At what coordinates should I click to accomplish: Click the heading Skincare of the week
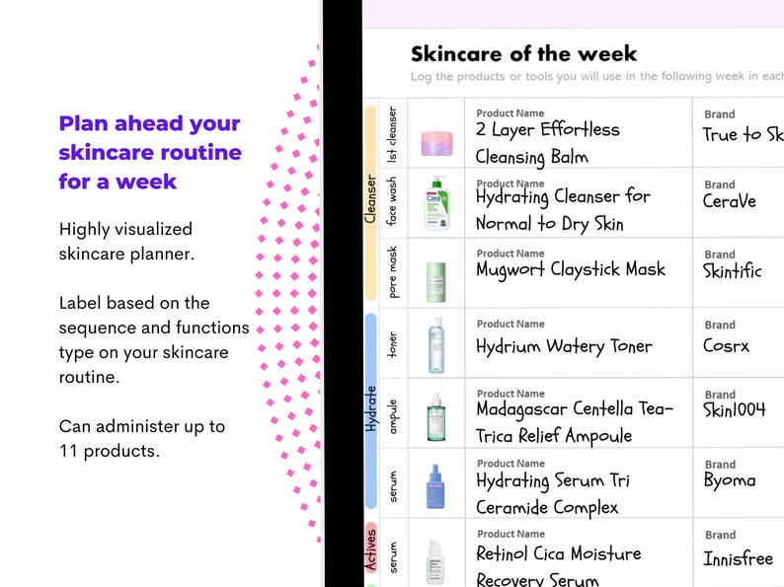pos(523,54)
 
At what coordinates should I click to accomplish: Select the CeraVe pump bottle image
pos(435,203)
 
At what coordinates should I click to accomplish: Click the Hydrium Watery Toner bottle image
pos(435,344)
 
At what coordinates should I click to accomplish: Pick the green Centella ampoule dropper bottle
pos(435,416)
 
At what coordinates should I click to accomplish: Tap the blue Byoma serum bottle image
pos(435,485)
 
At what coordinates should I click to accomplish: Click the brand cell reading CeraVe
pos(729,201)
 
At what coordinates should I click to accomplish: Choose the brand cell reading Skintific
pos(732,271)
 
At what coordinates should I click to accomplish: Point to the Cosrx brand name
pos(726,345)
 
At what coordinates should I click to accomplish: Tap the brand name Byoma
pos(729,480)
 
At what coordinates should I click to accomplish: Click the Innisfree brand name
pos(737,558)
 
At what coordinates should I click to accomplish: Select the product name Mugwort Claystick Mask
pos(571,269)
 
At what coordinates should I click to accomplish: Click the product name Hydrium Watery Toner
pos(564,346)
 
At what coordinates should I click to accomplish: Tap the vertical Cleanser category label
pos(371,199)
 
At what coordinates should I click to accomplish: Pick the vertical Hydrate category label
pos(371,408)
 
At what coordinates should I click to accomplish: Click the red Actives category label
pos(371,549)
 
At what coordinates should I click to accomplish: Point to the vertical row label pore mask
pos(393,272)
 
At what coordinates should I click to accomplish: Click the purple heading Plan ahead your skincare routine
pos(150,152)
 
